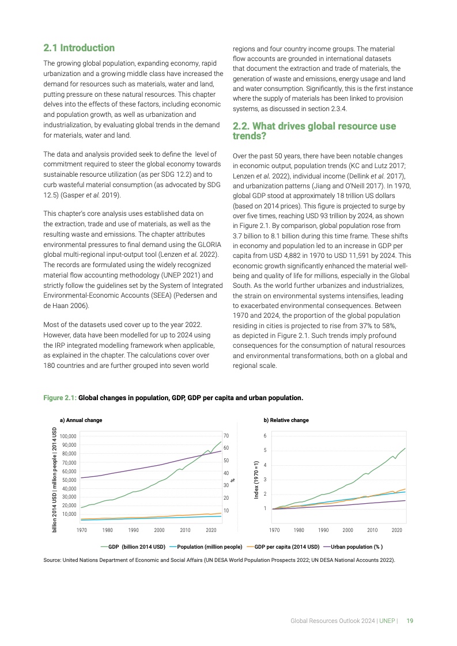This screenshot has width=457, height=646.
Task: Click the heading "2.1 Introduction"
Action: coord(79,48)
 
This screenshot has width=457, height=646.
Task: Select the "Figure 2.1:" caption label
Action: coord(60,397)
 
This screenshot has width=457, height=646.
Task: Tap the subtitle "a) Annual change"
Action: coord(81,420)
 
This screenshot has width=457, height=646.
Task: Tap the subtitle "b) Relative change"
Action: coord(286,420)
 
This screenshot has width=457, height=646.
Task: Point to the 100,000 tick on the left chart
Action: coord(69,437)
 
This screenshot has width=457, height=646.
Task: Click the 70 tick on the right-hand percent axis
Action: coord(227,436)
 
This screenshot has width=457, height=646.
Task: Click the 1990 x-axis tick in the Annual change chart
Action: coord(134,530)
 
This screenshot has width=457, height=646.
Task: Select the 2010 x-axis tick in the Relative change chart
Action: coord(372,530)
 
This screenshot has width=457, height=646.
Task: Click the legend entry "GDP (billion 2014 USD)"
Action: coord(133,546)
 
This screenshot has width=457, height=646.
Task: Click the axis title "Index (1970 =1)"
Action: coord(256,480)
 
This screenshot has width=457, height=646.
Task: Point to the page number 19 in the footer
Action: coord(410,621)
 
